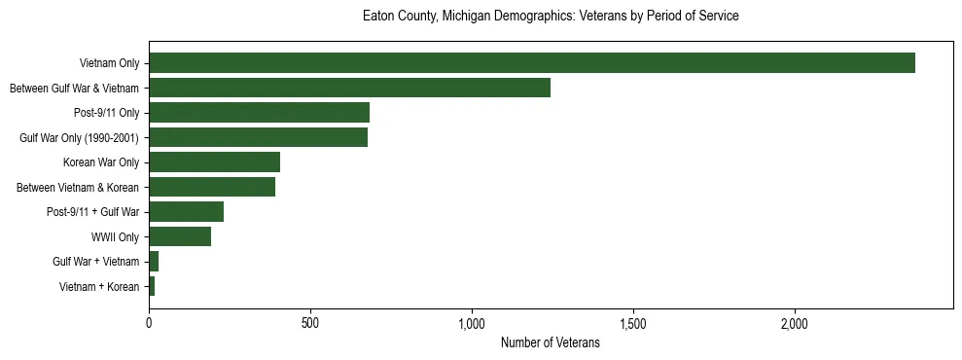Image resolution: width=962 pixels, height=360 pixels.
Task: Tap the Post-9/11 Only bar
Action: click(259, 113)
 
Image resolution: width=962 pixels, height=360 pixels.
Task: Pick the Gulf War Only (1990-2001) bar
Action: click(258, 137)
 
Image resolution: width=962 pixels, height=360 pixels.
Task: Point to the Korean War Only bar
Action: click(214, 162)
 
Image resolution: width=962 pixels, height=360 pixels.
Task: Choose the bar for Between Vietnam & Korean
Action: click(212, 187)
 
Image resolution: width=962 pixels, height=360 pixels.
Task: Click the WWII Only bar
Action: click(180, 236)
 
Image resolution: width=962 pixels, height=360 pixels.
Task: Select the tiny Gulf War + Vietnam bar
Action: click(154, 262)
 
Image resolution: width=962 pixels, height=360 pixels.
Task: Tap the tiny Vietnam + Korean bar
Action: click(152, 286)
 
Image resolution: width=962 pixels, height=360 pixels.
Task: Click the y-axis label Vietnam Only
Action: click(109, 63)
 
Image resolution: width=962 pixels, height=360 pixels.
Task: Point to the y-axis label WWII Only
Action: click(115, 236)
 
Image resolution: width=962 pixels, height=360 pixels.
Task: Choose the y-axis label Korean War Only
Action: click(101, 162)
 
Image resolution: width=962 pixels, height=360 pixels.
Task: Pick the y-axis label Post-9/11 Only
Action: click(106, 113)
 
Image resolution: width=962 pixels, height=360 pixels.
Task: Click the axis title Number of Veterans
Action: click(550, 342)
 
